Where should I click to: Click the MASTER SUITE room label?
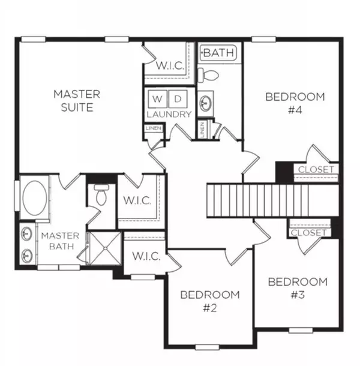click(77, 101)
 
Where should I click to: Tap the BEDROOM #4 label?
click(295, 103)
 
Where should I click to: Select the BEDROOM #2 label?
click(210, 301)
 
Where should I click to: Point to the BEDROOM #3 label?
click(298, 288)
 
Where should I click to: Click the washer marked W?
click(157, 99)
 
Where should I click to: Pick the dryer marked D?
click(178, 99)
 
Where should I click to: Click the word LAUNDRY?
click(169, 115)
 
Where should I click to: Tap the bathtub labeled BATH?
click(218, 53)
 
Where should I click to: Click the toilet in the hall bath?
click(208, 75)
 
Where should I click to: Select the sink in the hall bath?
click(206, 103)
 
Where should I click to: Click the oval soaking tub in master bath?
click(35, 197)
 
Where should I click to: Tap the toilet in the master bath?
click(101, 194)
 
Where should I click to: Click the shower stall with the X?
click(106, 248)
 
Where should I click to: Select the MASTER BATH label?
click(61, 241)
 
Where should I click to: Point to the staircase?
click(272, 201)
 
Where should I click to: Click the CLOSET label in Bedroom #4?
click(316, 169)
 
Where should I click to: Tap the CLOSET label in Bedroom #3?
click(308, 232)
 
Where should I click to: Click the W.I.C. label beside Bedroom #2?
click(146, 256)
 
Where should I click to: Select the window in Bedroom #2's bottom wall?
click(207, 347)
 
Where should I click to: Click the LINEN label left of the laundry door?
click(154, 128)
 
